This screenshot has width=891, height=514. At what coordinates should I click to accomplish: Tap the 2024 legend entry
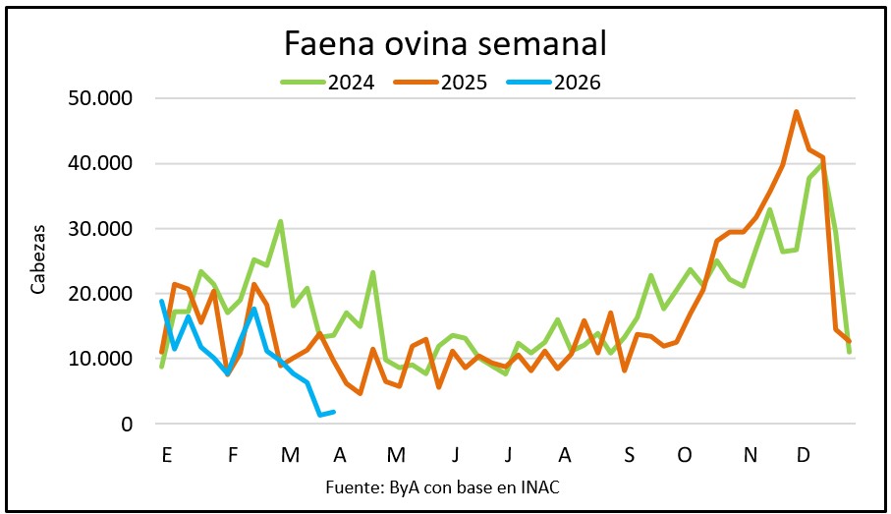[x=351, y=82]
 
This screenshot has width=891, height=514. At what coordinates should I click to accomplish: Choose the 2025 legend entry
[x=464, y=82]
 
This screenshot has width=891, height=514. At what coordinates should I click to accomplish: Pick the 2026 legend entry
[x=577, y=82]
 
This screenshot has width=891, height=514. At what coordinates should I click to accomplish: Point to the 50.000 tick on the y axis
[x=102, y=98]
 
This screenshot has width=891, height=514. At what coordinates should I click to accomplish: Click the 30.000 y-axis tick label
[x=102, y=228]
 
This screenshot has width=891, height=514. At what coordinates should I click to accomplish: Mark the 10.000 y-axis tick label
[x=102, y=359]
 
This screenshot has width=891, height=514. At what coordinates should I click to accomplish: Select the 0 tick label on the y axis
[x=128, y=424]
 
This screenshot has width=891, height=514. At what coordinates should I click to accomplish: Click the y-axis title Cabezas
[x=38, y=261]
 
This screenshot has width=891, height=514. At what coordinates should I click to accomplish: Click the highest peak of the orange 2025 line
[x=796, y=112]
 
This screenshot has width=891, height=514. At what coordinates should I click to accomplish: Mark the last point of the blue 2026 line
[x=335, y=412]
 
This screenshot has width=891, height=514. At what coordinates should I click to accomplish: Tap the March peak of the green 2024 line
[x=281, y=221]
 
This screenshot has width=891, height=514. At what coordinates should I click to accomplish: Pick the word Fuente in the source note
[x=348, y=486]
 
